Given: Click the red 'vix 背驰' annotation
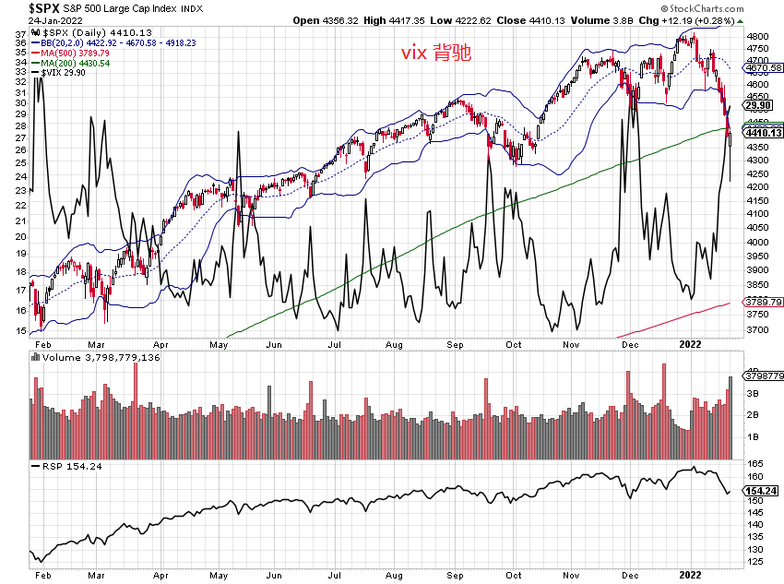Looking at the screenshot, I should point(436,54).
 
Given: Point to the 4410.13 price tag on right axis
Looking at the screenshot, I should point(764,133).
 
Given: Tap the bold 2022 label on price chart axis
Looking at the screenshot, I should point(692,343).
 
